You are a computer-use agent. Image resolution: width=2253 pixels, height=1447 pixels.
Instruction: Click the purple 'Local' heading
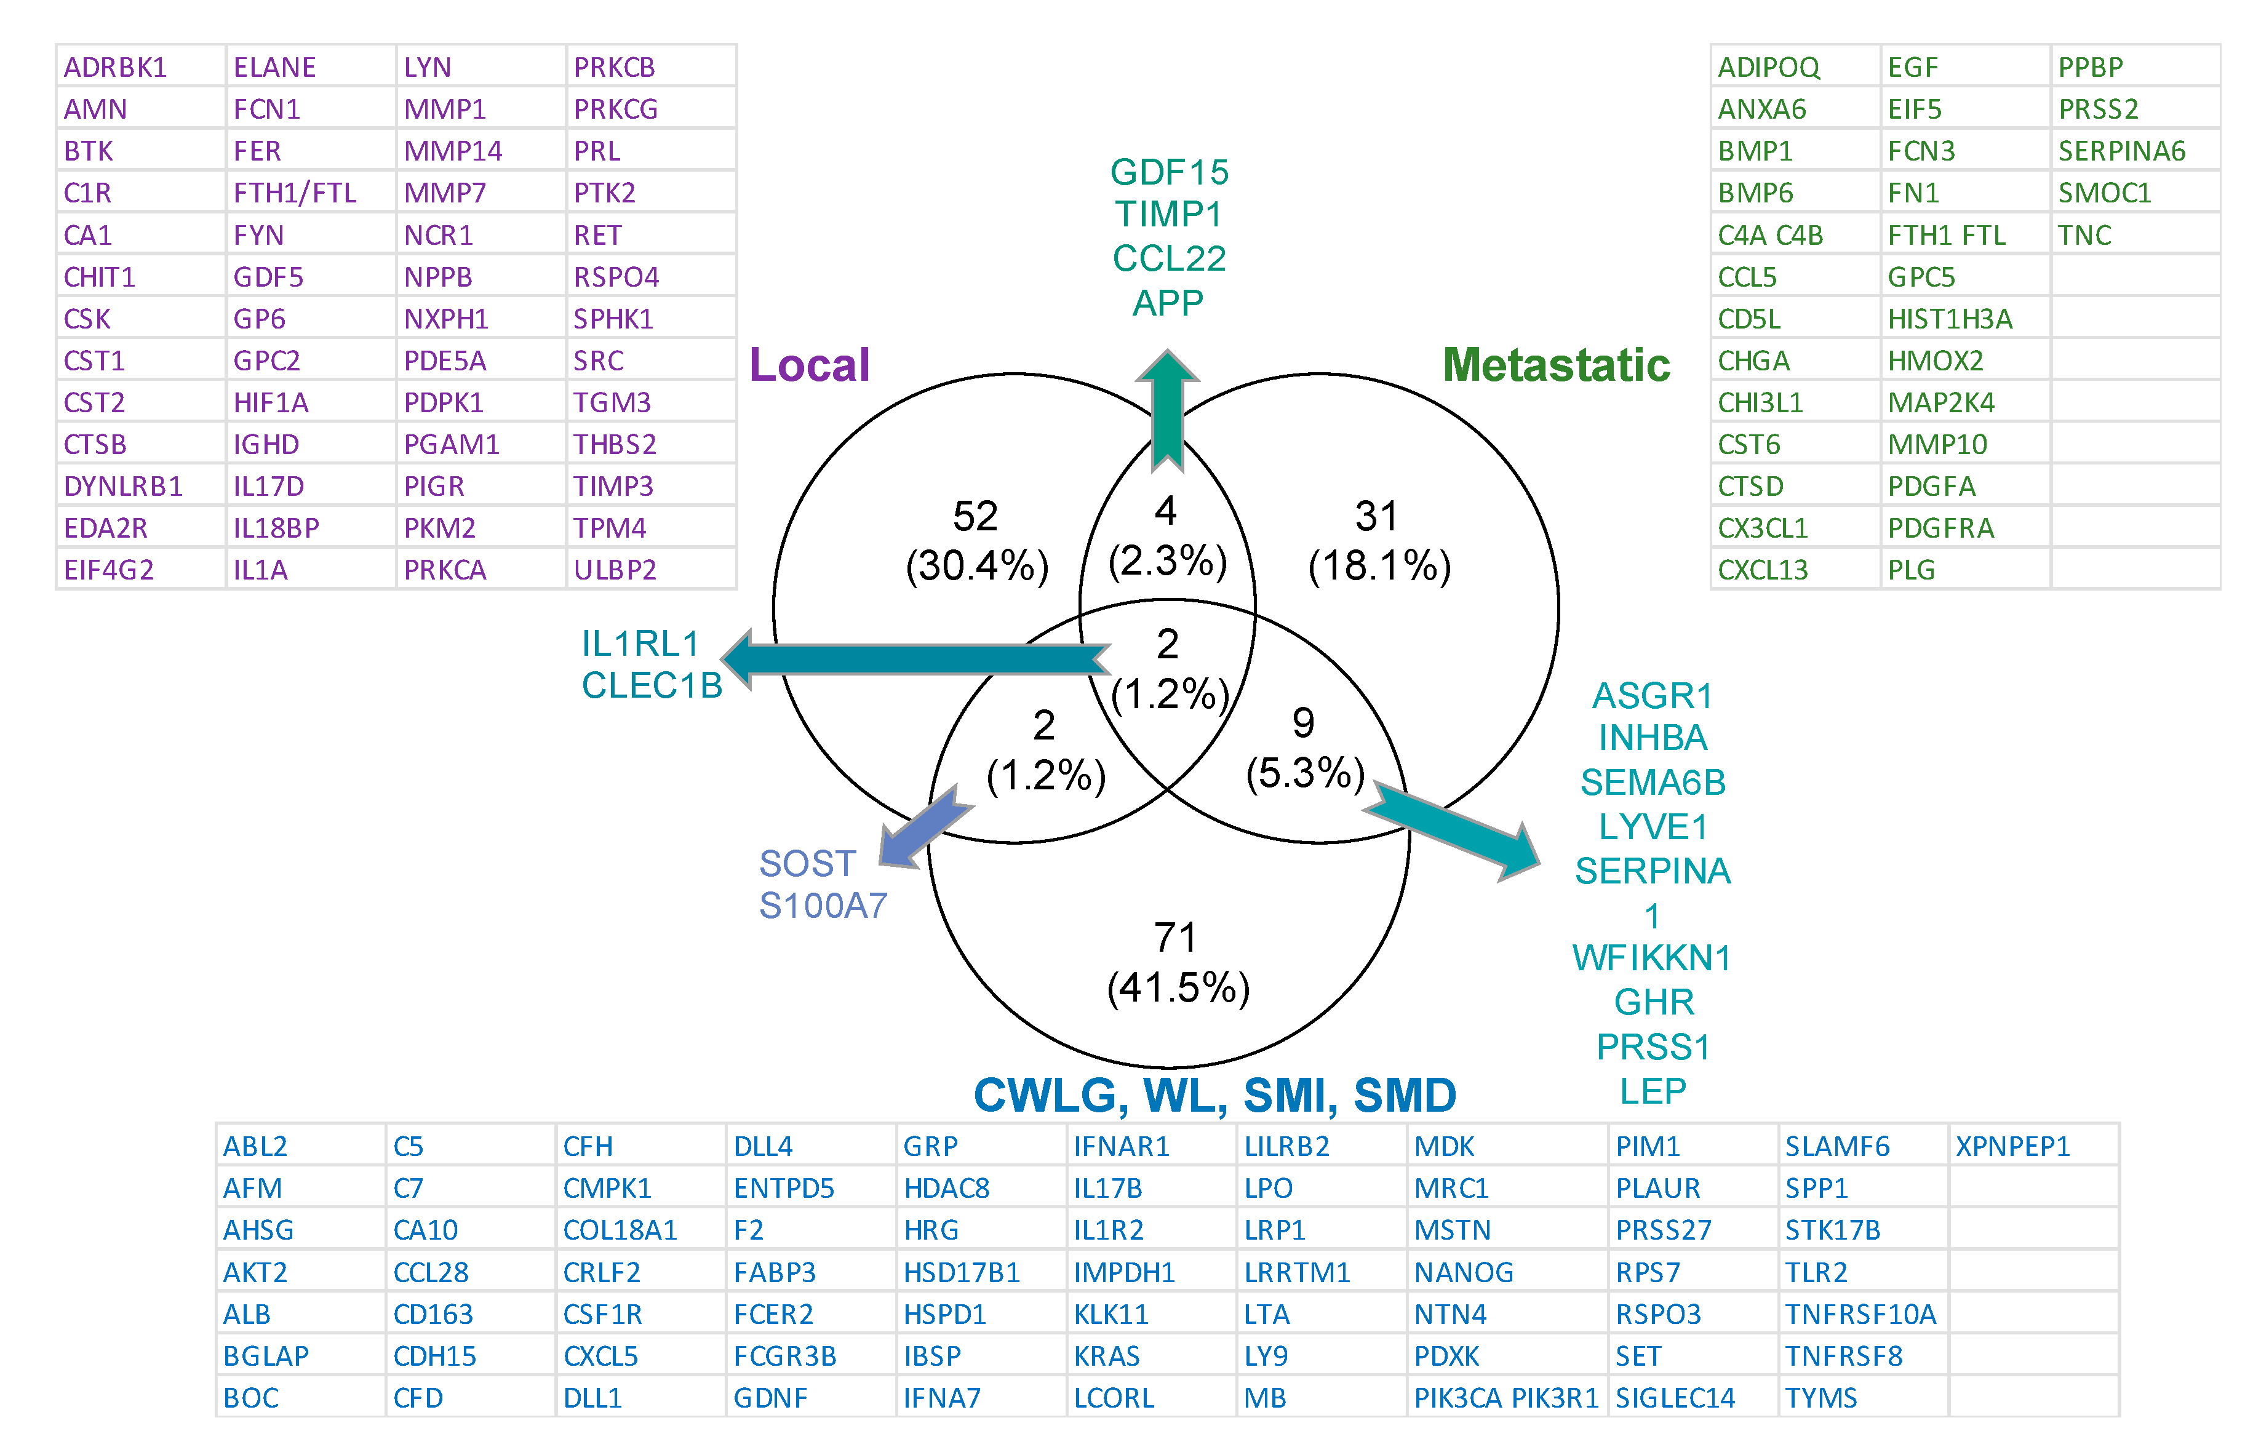[809, 365]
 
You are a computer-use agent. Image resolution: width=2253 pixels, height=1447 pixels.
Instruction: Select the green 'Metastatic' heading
[1556, 365]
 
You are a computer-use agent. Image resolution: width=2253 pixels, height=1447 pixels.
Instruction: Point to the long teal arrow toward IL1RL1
[916, 659]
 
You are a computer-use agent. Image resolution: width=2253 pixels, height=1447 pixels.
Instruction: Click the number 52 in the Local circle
[975, 516]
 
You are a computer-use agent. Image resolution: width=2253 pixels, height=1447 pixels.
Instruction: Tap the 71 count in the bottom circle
[1175, 937]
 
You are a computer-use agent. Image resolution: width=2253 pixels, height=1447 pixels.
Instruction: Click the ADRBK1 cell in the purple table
[116, 68]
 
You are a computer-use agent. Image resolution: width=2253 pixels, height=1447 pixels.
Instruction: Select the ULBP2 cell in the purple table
[615, 570]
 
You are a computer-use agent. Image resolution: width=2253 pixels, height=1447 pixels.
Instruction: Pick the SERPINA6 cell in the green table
[2121, 151]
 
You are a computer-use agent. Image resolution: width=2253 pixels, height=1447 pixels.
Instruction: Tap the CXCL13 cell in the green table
[1763, 570]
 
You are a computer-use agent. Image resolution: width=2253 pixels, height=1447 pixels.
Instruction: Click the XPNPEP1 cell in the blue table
[2012, 1146]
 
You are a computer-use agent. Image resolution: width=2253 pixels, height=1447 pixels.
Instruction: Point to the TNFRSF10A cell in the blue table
[1860, 1315]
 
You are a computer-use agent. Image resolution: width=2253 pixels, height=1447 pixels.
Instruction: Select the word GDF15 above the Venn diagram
[1169, 172]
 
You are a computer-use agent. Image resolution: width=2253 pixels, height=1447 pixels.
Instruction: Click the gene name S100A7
[823, 906]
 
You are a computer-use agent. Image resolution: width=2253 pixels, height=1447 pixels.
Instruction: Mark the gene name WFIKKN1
[1652, 959]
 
